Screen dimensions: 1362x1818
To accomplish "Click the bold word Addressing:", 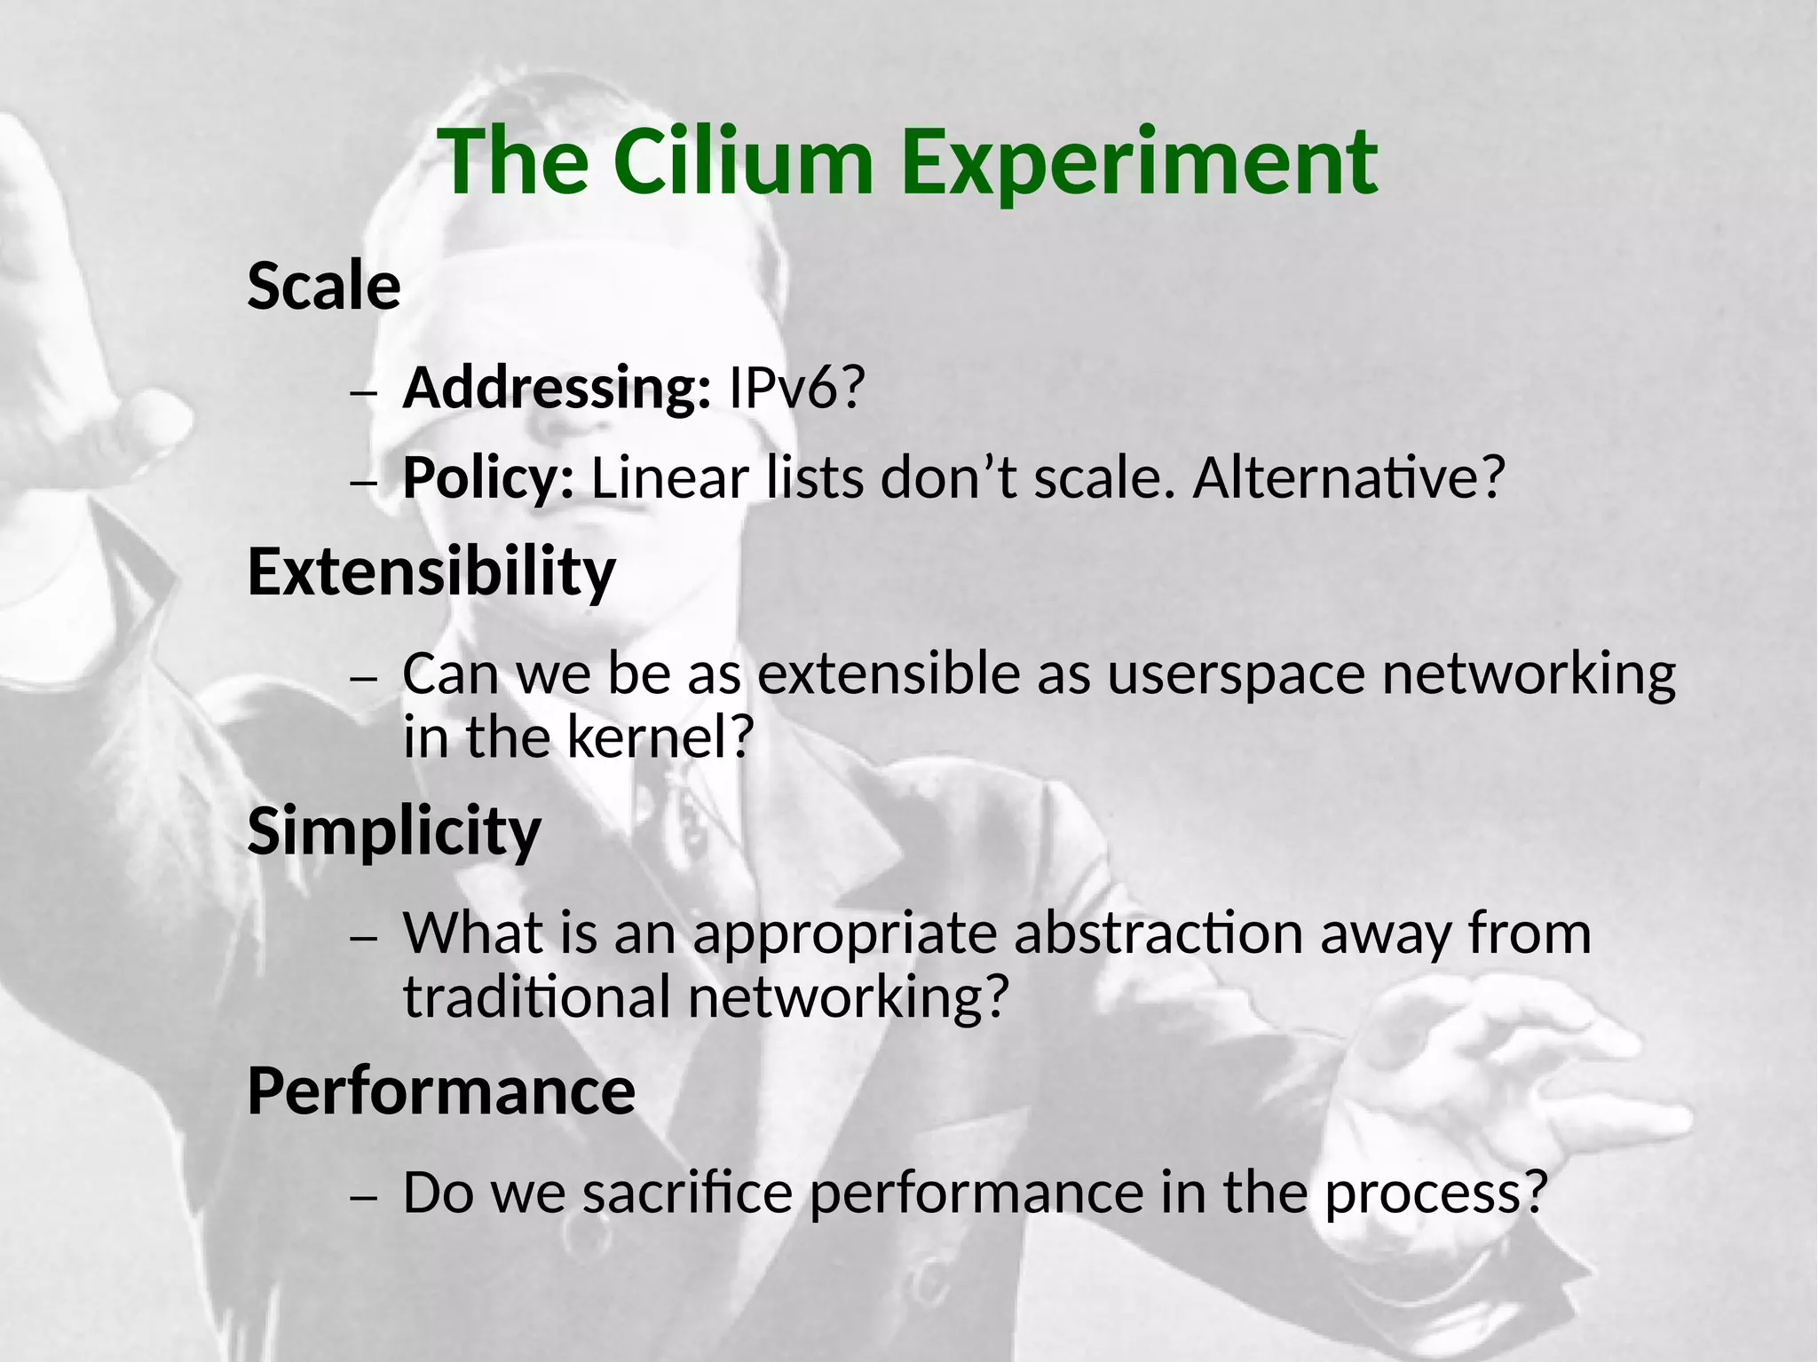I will [x=557, y=388].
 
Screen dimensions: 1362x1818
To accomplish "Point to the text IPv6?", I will [x=795, y=388].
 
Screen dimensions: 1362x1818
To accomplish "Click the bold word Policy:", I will [x=488, y=478].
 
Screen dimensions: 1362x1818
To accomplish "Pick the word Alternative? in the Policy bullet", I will [x=1348, y=478].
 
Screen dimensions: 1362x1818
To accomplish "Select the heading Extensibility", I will [x=431, y=572].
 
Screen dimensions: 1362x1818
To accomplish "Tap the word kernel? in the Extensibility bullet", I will [x=660, y=736].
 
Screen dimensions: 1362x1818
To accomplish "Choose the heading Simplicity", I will [x=394, y=831].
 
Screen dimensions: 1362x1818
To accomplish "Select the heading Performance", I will [x=441, y=1090].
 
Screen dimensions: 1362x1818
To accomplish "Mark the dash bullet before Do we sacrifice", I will [x=364, y=1198].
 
